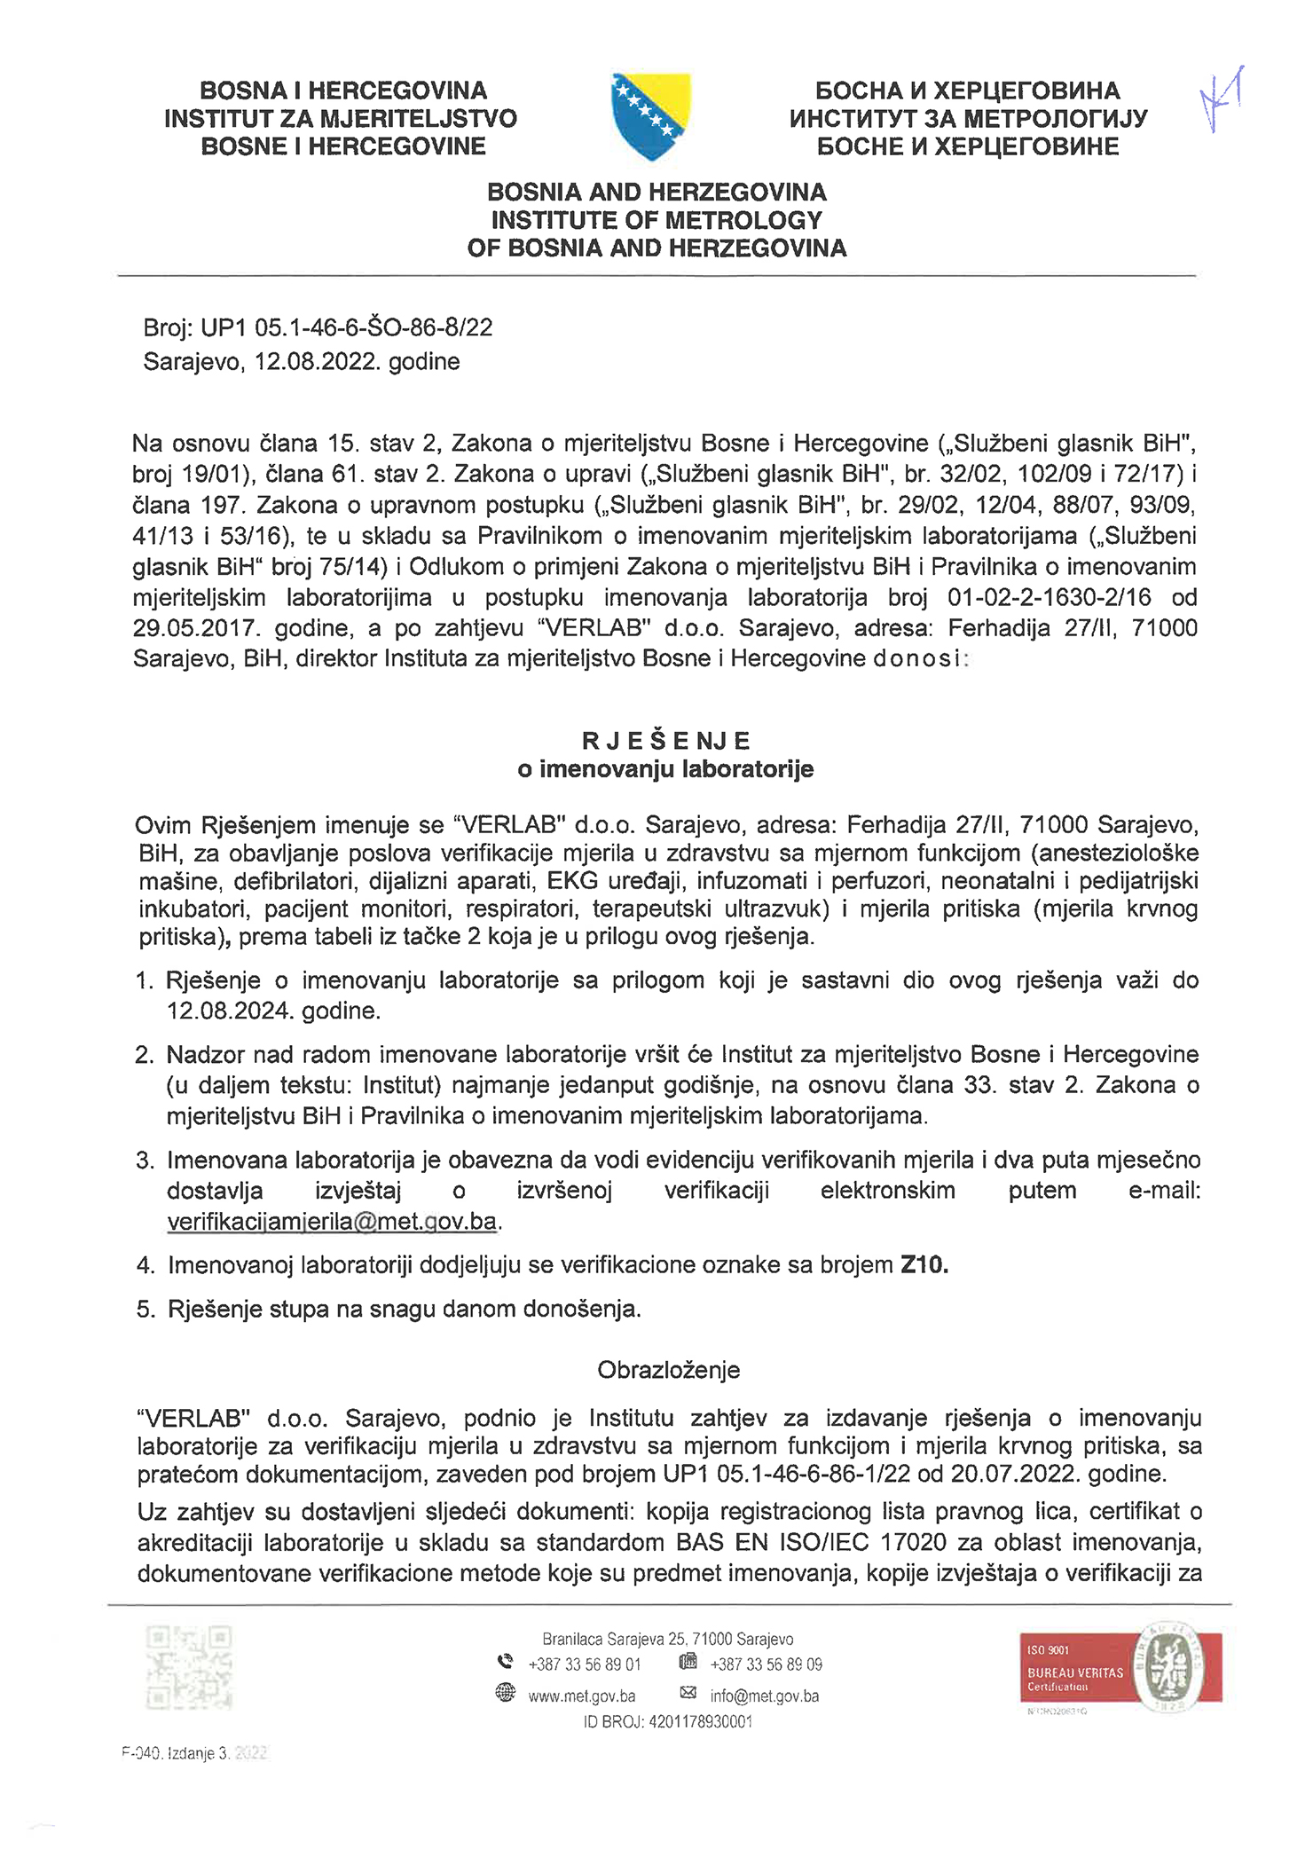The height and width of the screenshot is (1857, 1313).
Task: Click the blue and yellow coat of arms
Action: click(x=651, y=116)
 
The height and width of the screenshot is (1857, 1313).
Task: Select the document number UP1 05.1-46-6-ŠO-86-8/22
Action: click(x=347, y=328)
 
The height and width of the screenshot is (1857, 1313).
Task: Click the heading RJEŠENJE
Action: click(x=665, y=740)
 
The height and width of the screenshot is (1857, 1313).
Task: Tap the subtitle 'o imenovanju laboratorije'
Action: click(x=665, y=768)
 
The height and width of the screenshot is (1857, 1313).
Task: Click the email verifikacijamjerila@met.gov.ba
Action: click(x=333, y=1222)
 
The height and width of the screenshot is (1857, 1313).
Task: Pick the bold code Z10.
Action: click(x=924, y=1264)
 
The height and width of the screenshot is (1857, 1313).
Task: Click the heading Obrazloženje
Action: click(x=668, y=1370)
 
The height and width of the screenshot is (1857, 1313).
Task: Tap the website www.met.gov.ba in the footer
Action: click(x=582, y=1696)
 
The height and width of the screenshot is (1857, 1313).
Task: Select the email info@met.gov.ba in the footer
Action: click(x=765, y=1696)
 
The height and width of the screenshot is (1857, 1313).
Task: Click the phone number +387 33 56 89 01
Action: click(x=585, y=1664)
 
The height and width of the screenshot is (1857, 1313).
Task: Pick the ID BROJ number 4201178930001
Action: click(x=701, y=1722)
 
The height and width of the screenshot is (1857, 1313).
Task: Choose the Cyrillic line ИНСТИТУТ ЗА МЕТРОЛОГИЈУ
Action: click(x=968, y=118)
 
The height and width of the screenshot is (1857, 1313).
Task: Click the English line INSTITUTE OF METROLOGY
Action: click(x=656, y=220)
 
